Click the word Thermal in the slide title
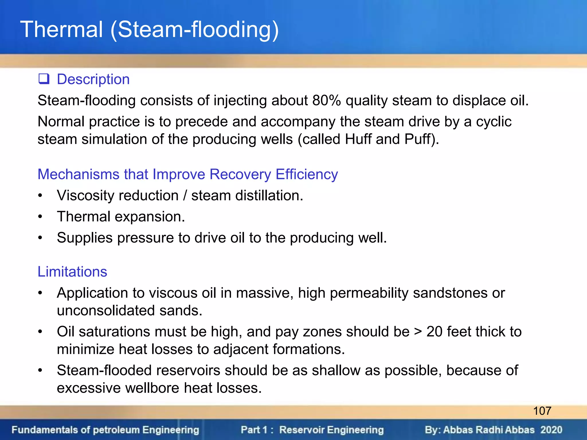pos(62,30)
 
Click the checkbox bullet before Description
pos(44,79)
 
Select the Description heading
pos(93,79)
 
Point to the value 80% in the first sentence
pos(326,101)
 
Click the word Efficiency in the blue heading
pos(307,174)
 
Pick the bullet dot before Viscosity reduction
pos(40,196)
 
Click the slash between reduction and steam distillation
pos(185,196)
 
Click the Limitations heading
pos(72,272)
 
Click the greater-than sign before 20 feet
pos(418,332)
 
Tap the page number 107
pos(542,411)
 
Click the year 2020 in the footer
pos(551,430)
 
